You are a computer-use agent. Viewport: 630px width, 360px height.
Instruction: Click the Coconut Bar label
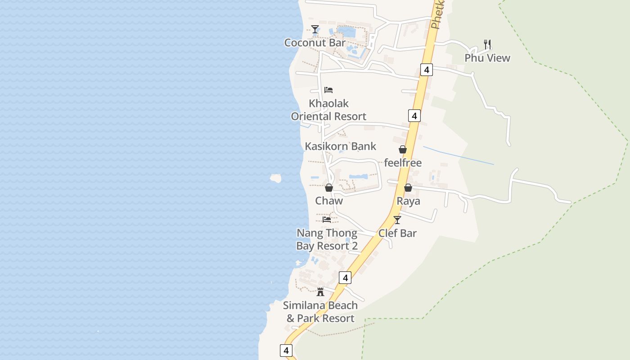(x=315, y=43)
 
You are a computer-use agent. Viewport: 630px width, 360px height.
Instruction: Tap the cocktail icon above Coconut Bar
(x=315, y=29)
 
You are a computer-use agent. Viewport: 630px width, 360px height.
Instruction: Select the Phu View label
(x=487, y=58)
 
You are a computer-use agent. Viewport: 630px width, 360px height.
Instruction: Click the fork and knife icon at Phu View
(x=487, y=44)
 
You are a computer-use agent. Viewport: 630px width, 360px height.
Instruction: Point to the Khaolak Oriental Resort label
(x=328, y=110)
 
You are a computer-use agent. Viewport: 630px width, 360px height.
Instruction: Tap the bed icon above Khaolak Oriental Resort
(x=328, y=90)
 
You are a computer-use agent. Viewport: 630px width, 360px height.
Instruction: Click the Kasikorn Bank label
(x=340, y=146)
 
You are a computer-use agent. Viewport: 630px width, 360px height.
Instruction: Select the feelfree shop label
(x=403, y=163)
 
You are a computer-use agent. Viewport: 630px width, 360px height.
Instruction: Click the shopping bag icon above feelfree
(x=403, y=149)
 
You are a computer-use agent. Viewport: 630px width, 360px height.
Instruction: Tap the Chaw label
(x=329, y=201)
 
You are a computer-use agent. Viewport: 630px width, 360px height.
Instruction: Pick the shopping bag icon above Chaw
(x=329, y=188)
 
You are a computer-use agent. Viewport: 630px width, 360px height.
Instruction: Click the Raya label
(x=408, y=201)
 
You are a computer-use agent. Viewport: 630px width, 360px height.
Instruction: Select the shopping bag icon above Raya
(x=408, y=188)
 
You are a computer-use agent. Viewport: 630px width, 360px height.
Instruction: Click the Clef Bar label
(x=397, y=233)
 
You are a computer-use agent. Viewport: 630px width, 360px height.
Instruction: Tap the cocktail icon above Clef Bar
(x=397, y=220)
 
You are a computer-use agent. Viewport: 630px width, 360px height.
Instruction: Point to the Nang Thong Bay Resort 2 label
(x=327, y=239)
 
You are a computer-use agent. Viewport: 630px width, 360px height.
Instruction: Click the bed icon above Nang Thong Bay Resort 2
(x=327, y=220)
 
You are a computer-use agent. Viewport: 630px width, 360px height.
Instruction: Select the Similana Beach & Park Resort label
(x=320, y=312)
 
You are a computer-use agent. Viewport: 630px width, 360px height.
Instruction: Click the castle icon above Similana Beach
(x=320, y=292)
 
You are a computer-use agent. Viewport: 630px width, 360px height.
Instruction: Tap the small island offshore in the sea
(x=275, y=178)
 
